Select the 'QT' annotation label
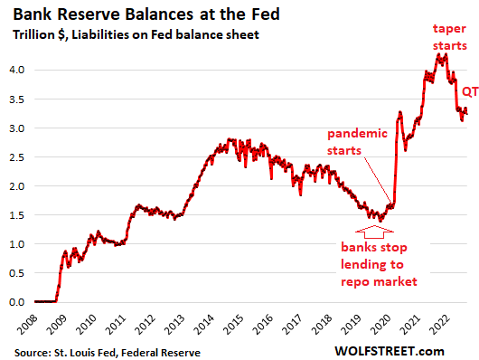coord(470,91)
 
